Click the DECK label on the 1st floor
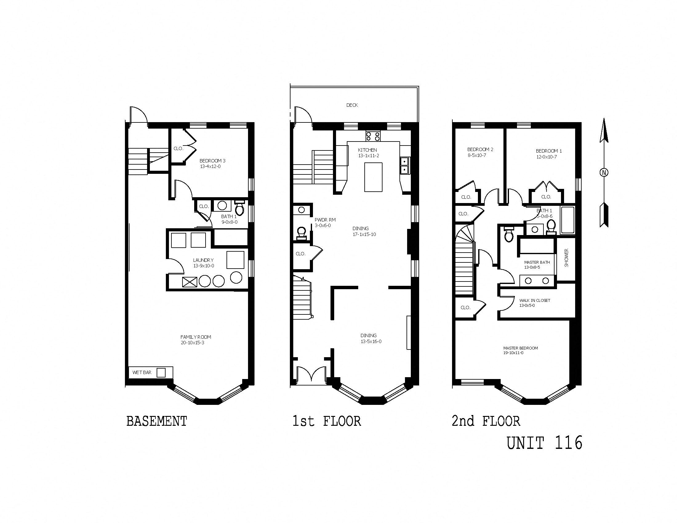click(x=352, y=105)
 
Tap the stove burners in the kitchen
click(x=373, y=136)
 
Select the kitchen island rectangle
click(x=373, y=177)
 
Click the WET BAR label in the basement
click(x=142, y=373)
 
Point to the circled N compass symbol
click(x=604, y=173)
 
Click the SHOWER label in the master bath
click(x=567, y=258)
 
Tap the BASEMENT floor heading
click(x=157, y=421)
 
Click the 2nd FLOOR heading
click(x=486, y=421)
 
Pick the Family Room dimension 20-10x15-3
click(x=193, y=343)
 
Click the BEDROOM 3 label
click(x=212, y=161)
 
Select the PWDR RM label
click(x=325, y=220)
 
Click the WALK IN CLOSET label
click(x=535, y=300)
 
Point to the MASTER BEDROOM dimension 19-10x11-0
click(x=513, y=353)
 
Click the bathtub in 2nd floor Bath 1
click(x=567, y=220)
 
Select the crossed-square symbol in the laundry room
click(x=190, y=282)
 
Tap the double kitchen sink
click(x=405, y=166)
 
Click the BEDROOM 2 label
click(x=480, y=149)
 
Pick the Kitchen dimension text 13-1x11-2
click(x=369, y=156)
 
